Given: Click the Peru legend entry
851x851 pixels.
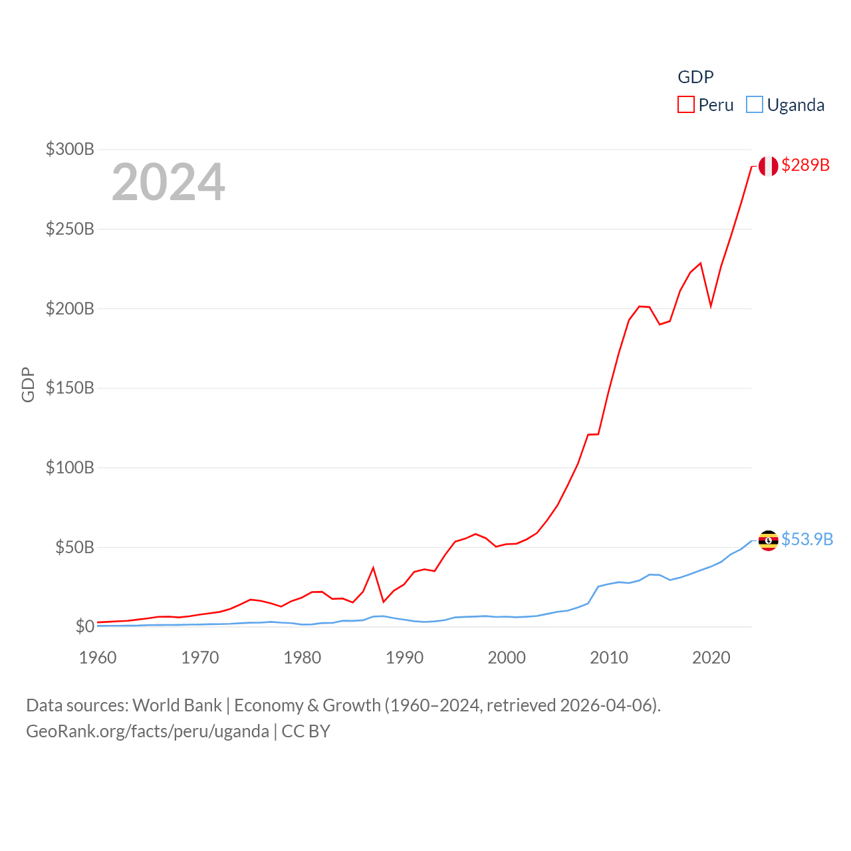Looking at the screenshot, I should pyautogui.click(x=705, y=105).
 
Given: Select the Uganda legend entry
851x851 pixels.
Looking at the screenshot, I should pyautogui.click(x=785, y=105).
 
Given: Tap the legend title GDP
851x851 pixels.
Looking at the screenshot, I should pyautogui.click(x=695, y=77).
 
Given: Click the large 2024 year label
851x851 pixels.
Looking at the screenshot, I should pyautogui.click(x=168, y=182).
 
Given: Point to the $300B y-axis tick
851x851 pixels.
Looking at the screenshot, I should pyautogui.click(x=70, y=149).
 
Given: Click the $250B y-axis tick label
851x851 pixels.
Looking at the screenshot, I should pyautogui.click(x=70, y=229).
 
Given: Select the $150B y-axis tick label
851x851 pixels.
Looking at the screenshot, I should pyautogui.click(x=70, y=388).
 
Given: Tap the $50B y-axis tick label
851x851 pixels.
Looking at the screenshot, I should pyautogui.click(x=74, y=547).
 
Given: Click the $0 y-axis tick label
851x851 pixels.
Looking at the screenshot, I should pyautogui.click(x=84, y=626).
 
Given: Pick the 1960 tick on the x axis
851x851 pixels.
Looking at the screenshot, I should pyautogui.click(x=98, y=658).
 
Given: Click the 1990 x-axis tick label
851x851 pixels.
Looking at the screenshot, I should pyautogui.click(x=404, y=658).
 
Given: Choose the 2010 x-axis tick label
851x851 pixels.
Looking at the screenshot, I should pyautogui.click(x=609, y=658).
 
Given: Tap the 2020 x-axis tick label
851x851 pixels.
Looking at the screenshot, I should pyautogui.click(x=711, y=658).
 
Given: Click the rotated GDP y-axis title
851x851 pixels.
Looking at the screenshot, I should pyautogui.click(x=28, y=384).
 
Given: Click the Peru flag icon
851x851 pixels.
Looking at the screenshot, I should pyautogui.click(x=768, y=166).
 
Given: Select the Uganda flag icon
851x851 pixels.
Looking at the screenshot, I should pyautogui.click(x=768, y=541).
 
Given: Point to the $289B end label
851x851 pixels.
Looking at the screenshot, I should pyautogui.click(x=805, y=165).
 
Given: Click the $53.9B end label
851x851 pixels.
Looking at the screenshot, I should pyautogui.click(x=807, y=539).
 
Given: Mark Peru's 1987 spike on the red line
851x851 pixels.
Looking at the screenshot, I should pyautogui.click(x=374, y=568).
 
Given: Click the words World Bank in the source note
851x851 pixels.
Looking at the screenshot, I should pyautogui.click(x=177, y=705).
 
